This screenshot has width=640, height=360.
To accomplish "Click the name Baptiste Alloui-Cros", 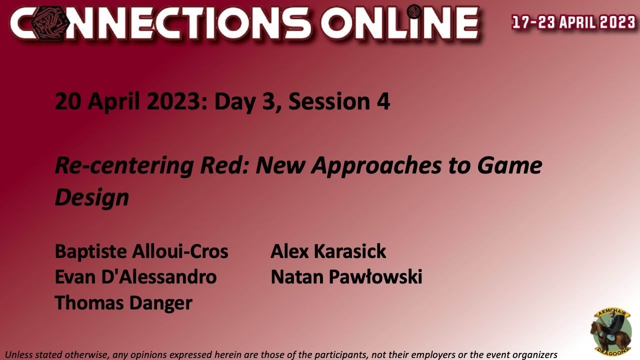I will pos(141,251).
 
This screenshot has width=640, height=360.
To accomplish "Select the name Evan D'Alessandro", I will pos(135,277).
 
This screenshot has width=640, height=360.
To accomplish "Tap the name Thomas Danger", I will pos(123,303).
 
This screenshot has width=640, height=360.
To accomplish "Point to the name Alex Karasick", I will pos(328,251).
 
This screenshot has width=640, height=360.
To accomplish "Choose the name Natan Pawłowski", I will pos(346,277).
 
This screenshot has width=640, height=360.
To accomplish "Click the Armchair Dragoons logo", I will pos(611,331).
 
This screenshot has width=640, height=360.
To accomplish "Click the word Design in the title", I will pos(91,197).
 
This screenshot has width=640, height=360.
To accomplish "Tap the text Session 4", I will pos(339,101).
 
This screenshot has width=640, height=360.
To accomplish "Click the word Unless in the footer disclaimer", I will pos(18,354).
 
